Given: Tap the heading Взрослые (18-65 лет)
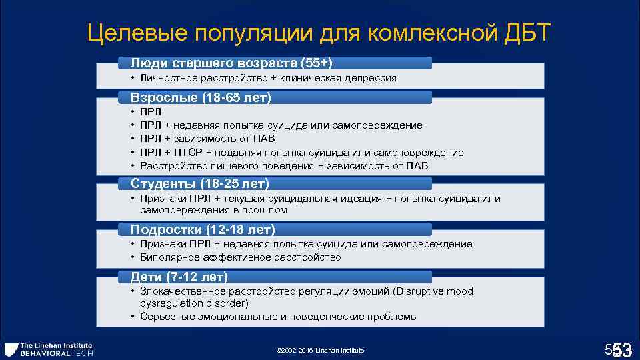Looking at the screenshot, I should (201, 97).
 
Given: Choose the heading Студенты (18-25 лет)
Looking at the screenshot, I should (200, 183).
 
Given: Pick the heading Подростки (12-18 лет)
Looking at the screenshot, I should (203, 230).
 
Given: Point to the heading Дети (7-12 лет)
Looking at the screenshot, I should (179, 277).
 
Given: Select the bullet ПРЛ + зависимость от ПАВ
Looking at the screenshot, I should (207, 139).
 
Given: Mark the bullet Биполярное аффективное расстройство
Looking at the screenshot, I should (241, 257).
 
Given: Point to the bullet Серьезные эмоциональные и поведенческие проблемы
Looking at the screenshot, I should (279, 317).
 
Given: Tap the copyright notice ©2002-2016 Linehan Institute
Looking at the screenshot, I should (319, 351).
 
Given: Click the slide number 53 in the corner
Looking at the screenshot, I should (621, 349).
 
